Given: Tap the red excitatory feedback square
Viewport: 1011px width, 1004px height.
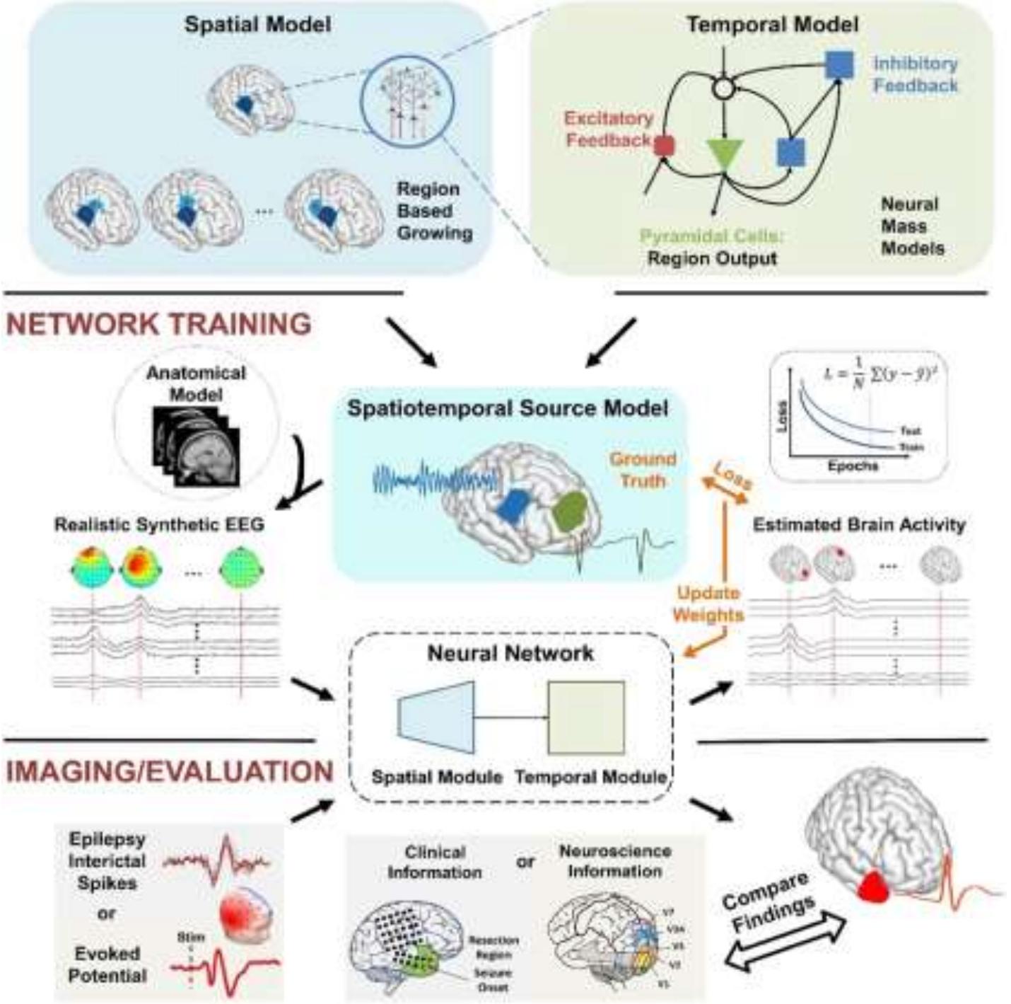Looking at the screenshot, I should click(664, 146).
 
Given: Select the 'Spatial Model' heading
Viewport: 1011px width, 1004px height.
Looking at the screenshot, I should click(257, 25).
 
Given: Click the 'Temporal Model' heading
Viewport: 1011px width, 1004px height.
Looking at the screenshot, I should click(772, 25).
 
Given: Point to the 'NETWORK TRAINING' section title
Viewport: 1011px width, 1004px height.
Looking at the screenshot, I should click(159, 324).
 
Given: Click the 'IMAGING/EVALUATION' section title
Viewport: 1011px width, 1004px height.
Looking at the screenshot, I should click(170, 771).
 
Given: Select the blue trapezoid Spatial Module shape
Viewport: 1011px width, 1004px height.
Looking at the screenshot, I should click(436, 717).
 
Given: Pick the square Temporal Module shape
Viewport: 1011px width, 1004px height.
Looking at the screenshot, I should click(586, 717).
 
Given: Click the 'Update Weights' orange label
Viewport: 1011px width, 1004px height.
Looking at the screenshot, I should click(708, 604).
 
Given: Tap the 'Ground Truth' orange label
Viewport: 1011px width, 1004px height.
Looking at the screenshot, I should click(643, 470).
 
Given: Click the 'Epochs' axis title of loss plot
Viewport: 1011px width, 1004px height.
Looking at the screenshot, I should click(853, 466).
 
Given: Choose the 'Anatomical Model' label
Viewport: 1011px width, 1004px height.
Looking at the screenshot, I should click(196, 383).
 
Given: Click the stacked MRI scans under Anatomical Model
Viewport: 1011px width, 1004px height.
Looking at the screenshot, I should click(197, 446).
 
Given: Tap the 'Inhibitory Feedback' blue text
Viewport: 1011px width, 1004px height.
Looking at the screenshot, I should click(915, 74).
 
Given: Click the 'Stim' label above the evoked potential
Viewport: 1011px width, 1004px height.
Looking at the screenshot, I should click(191, 937).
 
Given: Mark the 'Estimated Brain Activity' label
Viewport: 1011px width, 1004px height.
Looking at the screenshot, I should click(858, 525).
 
